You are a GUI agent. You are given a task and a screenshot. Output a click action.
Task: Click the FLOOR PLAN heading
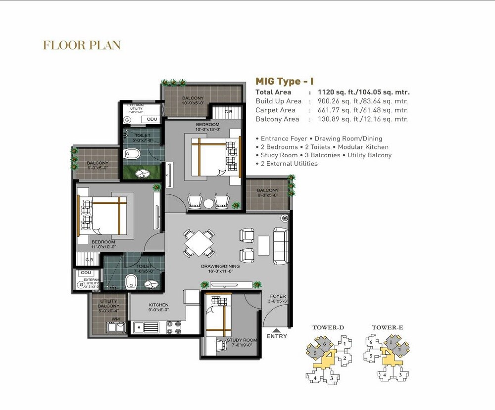click(x=82, y=46)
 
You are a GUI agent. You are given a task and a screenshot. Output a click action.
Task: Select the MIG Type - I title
click(x=285, y=81)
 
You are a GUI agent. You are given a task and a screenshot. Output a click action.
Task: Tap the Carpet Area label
click(x=275, y=110)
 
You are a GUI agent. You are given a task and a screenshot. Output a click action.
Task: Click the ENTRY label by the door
click(x=276, y=336)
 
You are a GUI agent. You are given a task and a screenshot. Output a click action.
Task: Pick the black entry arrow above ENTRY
click(x=276, y=330)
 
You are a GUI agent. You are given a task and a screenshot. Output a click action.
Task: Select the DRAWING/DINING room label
click(x=220, y=267)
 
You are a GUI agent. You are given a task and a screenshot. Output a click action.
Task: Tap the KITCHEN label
click(x=158, y=305)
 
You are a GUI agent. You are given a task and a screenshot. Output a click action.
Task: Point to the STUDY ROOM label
click(x=242, y=340)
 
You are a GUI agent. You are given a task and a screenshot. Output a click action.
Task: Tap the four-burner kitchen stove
click(x=173, y=327)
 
